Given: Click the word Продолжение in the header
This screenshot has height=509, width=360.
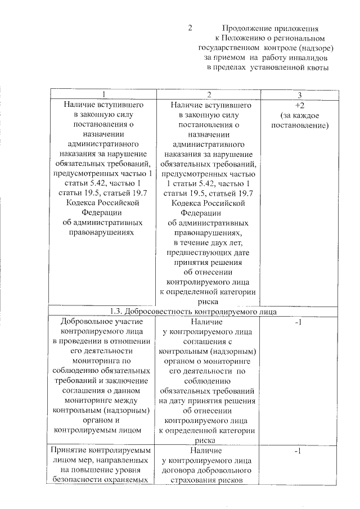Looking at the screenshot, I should point(246,28).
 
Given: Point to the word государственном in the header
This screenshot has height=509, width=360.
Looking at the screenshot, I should point(231,48).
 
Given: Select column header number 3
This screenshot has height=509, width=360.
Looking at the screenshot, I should point(300,94).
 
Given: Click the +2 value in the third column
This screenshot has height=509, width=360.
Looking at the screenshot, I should point(299,105).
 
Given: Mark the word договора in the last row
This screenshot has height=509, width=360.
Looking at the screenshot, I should point(181,470).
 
